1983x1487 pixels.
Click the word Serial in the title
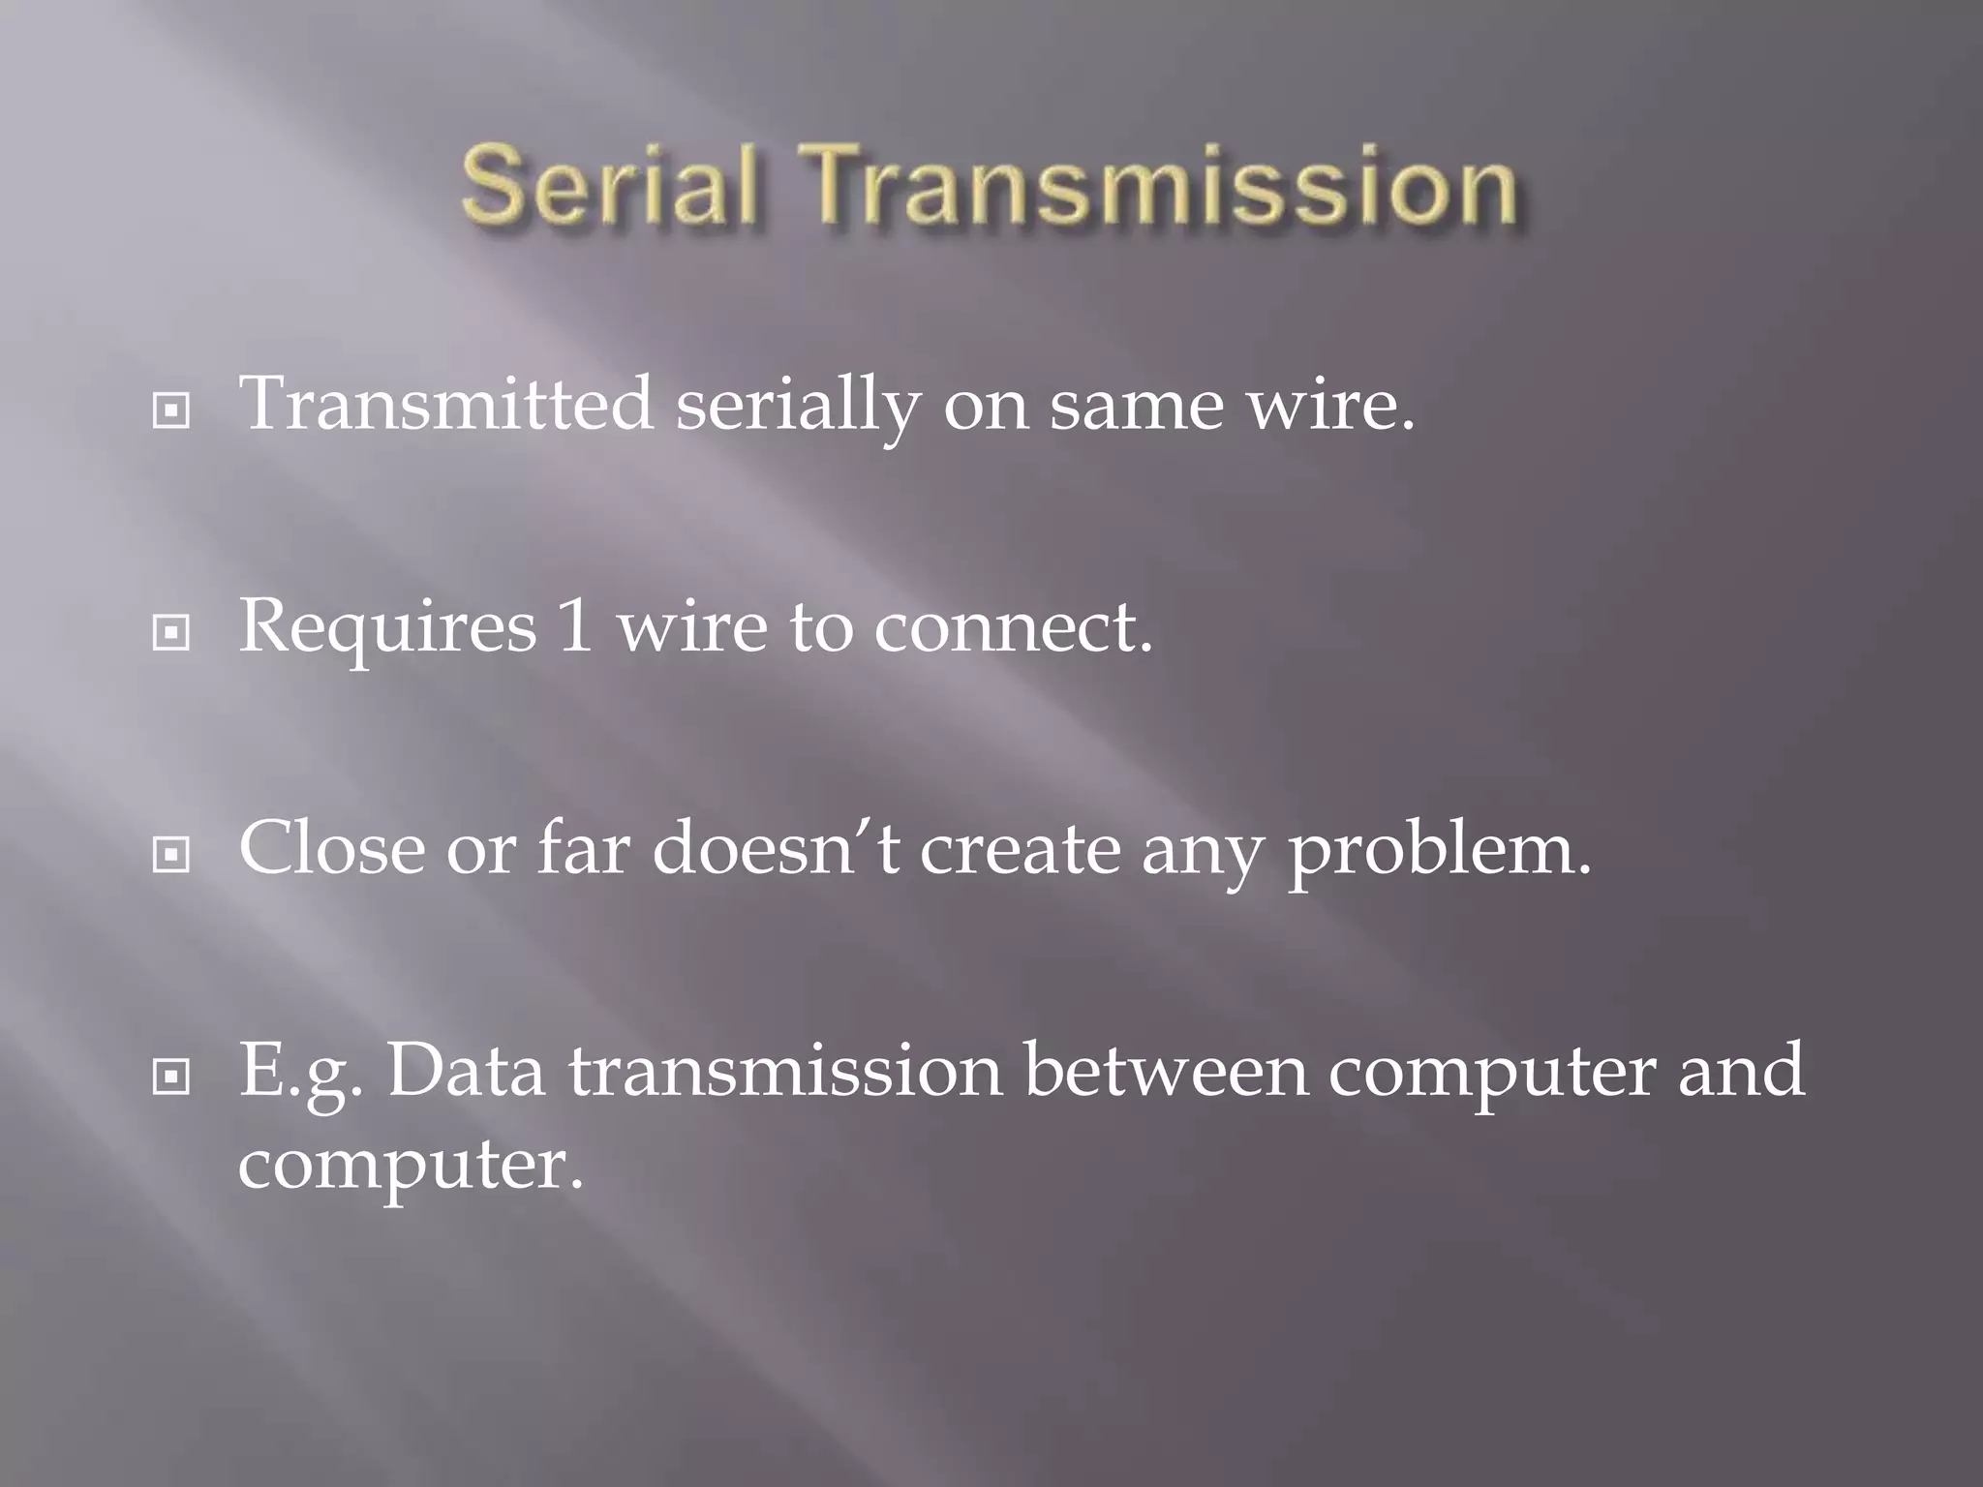607,185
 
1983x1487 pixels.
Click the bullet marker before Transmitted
171,411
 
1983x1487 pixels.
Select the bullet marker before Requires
171,633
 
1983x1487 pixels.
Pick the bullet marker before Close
171,854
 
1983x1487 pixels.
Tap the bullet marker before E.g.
171,1076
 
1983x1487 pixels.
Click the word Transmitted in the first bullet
446,404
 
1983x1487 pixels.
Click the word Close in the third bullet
332,848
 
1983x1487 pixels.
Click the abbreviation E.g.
301,1073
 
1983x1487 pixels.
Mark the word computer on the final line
411,1167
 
